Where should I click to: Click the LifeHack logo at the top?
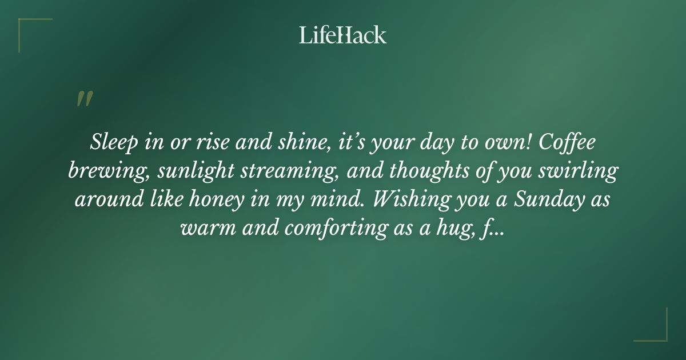(x=343, y=35)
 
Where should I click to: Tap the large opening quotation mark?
(x=84, y=99)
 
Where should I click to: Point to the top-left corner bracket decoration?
(x=29, y=29)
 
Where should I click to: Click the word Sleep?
(x=109, y=142)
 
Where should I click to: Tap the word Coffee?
(x=568, y=142)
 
